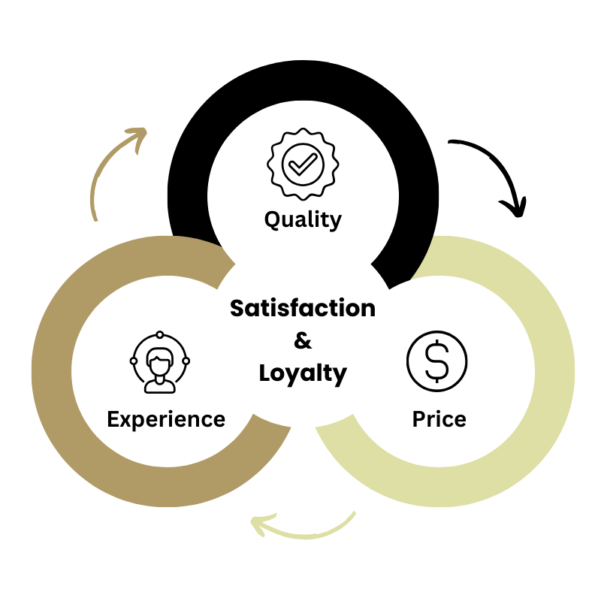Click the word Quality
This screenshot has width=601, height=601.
point(303,219)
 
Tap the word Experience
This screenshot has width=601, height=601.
point(166,419)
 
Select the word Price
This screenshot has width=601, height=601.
point(439,418)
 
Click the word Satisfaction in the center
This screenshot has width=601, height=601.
point(303,308)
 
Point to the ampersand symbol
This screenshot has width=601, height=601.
point(303,341)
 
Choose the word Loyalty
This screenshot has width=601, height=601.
point(303,373)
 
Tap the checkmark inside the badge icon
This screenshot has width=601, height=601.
point(303,163)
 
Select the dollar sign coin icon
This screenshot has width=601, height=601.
point(436,361)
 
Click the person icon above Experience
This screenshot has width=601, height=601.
point(160,363)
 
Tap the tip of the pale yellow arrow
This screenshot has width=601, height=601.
point(252,523)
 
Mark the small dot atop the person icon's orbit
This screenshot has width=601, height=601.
point(160,335)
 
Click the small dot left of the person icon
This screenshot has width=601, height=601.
point(134,361)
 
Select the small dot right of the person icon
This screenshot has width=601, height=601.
point(186,361)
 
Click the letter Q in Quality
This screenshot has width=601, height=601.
point(273,219)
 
